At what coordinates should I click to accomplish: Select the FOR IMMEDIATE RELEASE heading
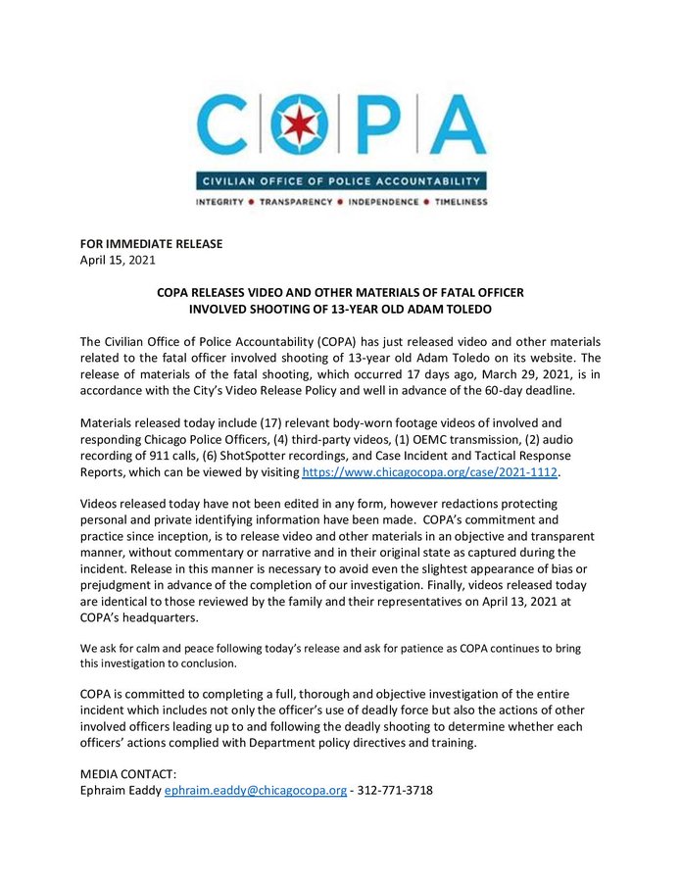point(151,244)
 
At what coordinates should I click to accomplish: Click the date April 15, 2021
point(117,261)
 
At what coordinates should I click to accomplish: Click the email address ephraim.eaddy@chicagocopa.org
point(255,790)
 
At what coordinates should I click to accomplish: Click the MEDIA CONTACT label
point(127,774)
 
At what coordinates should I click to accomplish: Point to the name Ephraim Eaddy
point(121,790)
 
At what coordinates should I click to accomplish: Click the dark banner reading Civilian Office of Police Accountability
point(341,181)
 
